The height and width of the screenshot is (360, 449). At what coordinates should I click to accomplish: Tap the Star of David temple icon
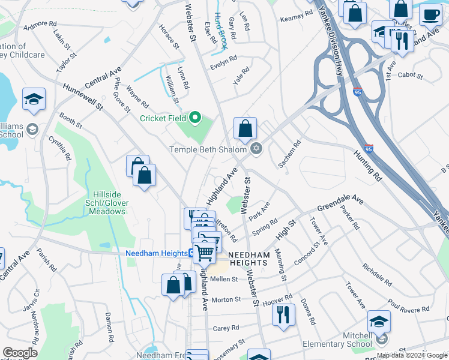coord(256,149)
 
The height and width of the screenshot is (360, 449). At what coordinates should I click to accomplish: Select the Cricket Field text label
coord(163,118)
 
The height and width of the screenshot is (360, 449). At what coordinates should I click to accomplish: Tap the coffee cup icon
coord(430,14)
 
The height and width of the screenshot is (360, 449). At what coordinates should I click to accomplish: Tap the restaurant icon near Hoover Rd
coord(283,314)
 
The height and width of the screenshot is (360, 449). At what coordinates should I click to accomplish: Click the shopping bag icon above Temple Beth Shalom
coord(245,128)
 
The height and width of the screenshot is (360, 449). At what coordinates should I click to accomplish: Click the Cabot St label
coord(411,76)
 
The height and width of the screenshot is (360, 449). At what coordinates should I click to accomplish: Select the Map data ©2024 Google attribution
coord(412,355)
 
